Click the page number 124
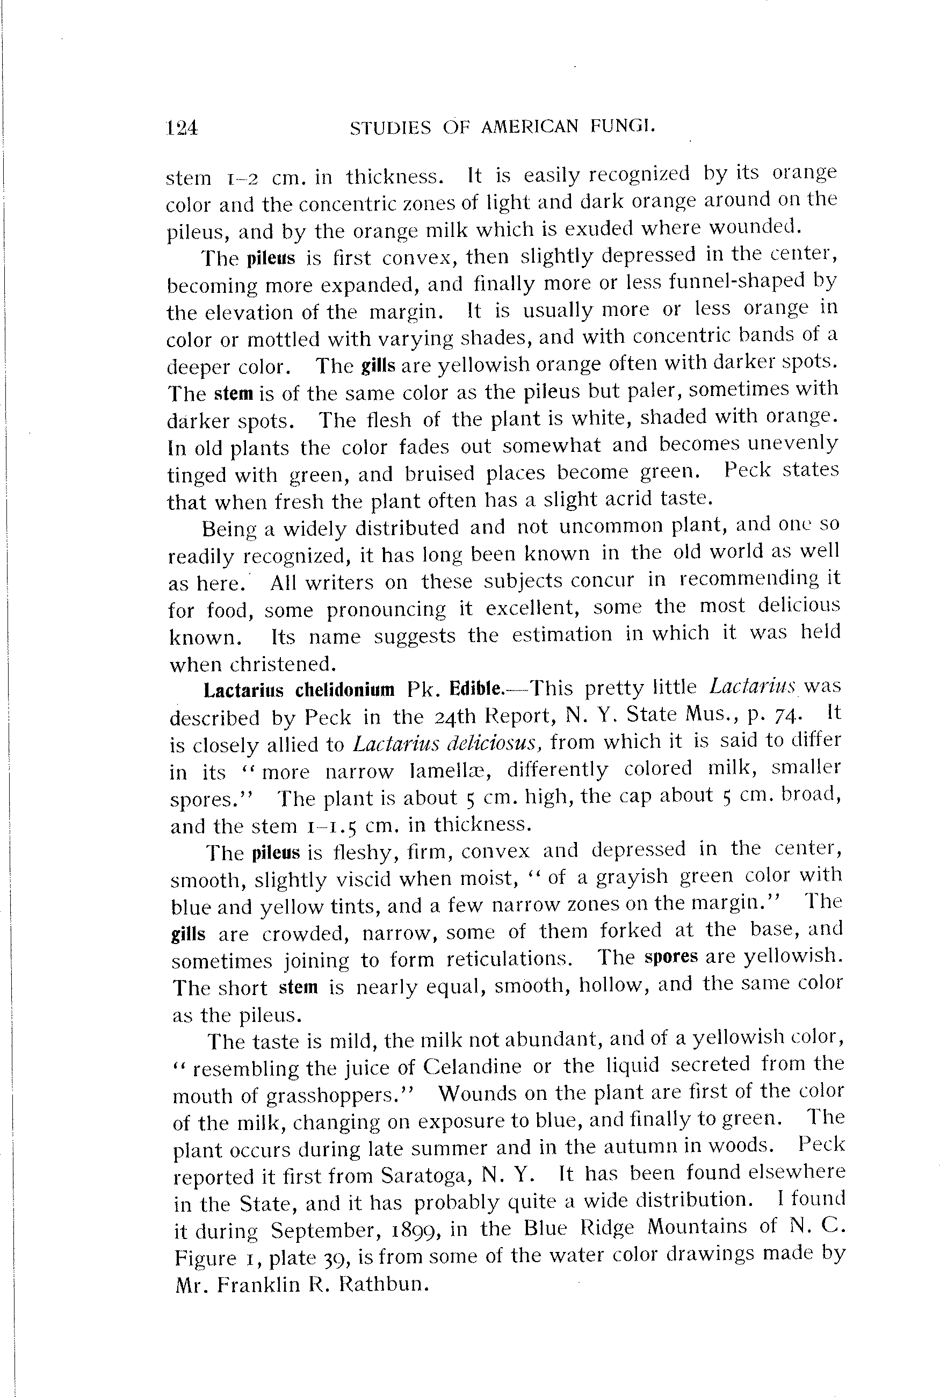tap(182, 128)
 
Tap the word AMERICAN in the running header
tap(530, 126)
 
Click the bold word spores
tap(671, 956)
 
